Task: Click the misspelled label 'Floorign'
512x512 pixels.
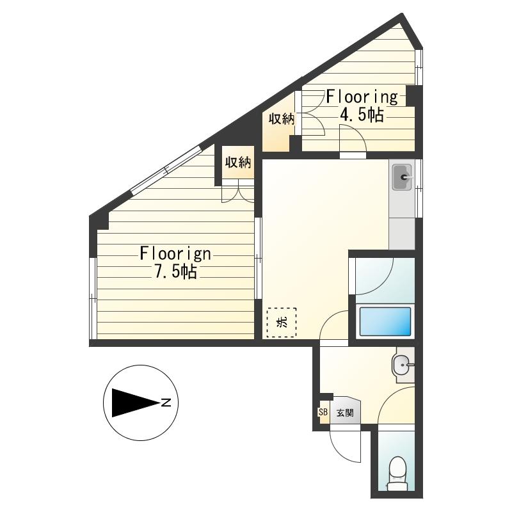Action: (175, 253)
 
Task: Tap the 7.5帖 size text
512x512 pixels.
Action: (175, 271)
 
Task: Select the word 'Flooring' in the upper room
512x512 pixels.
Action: (362, 97)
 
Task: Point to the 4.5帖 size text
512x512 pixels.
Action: (362, 115)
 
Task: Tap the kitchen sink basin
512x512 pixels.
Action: (403, 177)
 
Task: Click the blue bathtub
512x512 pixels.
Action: (385, 322)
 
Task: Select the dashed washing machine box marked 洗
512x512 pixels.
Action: (282, 323)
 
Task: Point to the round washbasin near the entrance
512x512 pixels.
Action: (402, 364)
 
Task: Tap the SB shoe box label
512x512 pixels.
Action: (323, 412)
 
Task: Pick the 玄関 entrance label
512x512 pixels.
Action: (345, 413)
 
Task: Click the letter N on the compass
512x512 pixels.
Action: (166, 403)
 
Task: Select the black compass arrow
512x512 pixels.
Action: (136, 403)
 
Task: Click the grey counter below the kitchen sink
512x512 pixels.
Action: (402, 234)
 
